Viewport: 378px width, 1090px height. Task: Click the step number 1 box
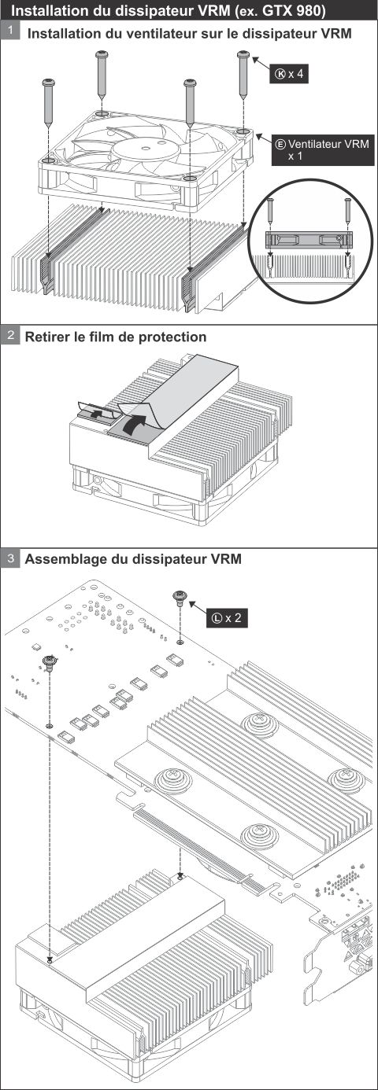pyautogui.click(x=10, y=31)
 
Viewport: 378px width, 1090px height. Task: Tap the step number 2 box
pyautogui.click(x=10, y=335)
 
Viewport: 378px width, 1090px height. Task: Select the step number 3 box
pyautogui.click(x=10, y=558)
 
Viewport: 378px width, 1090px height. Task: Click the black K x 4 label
pyautogui.click(x=289, y=74)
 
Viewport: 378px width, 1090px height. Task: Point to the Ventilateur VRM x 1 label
pyautogui.click(x=323, y=150)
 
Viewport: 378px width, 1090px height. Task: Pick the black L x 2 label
pyautogui.click(x=227, y=617)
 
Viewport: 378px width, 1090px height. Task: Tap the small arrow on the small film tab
pyautogui.click(x=98, y=414)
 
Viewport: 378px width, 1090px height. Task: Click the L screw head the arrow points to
pyautogui.click(x=180, y=596)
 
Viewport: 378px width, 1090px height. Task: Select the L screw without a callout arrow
pyautogui.click(x=49, y=663)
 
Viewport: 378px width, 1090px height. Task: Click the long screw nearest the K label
pyautogui.click(x=243, y=73)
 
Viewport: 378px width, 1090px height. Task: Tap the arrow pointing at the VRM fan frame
pyautogui.click(x=264, y=140)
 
